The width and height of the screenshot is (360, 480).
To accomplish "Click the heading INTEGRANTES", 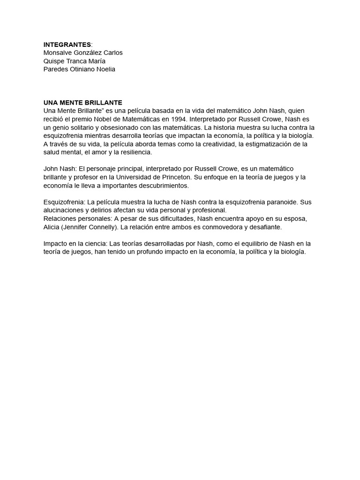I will (x=67, y=45).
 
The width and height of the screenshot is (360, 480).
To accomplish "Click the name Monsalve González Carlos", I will (x=83, y=52).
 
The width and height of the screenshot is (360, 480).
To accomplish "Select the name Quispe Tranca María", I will (x=74, y=61).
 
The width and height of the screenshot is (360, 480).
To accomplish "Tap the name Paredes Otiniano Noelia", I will (x=79, y=69).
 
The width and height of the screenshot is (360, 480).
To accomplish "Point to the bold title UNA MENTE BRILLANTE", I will (x=82, y=103).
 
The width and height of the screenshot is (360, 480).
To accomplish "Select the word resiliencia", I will (x=136, y=152).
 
